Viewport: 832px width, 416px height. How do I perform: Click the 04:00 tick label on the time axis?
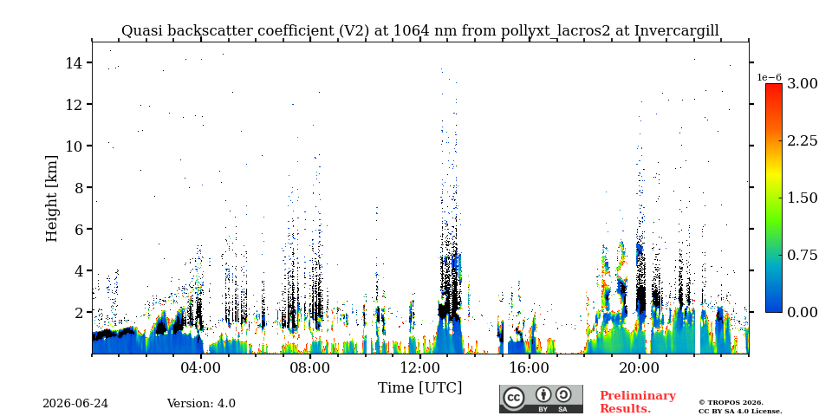(x=201, y=367)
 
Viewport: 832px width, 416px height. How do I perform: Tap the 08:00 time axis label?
(x=310, y=367)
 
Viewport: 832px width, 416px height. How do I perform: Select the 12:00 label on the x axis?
(x=419, y=367)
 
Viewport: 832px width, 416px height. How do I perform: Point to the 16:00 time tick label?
(x=530, y=367)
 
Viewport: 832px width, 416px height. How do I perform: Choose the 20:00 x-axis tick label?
(x=639, y=367)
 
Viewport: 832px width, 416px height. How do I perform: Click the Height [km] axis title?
(x=51, y=198)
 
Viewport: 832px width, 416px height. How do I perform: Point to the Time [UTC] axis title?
(x=419, y=388)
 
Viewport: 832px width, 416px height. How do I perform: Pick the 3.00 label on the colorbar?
(x=802, y=83)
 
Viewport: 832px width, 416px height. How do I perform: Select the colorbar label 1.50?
(x=802, y=198)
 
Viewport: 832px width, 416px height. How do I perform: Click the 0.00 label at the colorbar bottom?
(x=802, y=312)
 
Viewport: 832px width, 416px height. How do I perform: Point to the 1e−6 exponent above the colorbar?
(x=769, y=77)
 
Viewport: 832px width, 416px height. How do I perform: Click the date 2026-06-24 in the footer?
(x=75, y=404)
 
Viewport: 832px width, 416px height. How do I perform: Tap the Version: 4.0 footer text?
(x=201, y=404)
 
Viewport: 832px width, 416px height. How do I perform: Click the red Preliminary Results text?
(x=638, y=402)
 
